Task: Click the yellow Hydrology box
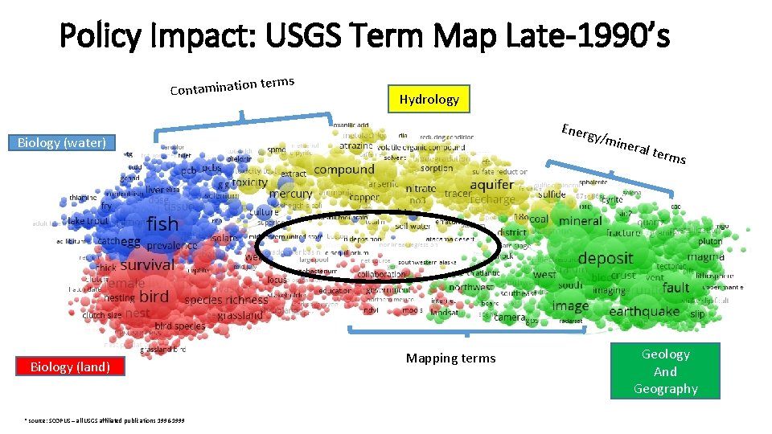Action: [x=429, y=100]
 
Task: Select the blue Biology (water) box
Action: [x=62, y=143]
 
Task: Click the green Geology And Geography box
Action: [x=665, y=371]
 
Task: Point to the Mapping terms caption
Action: [x=450, y=358]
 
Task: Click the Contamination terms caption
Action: [x=232, y=84]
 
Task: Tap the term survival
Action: [x=147, y=264]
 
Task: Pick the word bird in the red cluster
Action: [x=154, y=296]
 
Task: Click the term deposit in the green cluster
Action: [x=606, y=258]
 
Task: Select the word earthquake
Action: [x=644, y=312]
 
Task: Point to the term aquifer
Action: [x=491, y=185]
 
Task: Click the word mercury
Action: [x=290, y=194]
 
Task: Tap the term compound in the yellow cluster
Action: [x=344, y=170]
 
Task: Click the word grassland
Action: [x=240, y=316]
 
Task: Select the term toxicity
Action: [x=250, y=182]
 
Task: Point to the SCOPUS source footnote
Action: [x=104, y=420]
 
